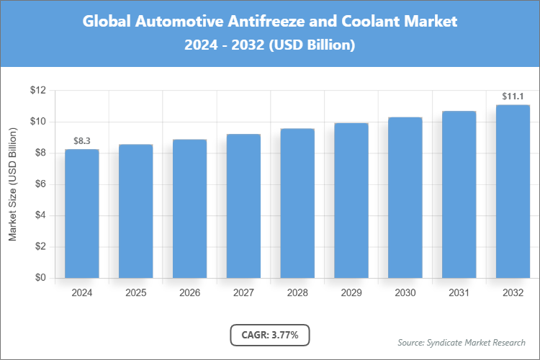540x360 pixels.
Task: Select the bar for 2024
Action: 81,213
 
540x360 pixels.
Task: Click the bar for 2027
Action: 243,206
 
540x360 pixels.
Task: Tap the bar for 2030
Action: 405,197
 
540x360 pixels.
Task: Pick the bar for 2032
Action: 513,192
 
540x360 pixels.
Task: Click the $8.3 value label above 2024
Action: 81,140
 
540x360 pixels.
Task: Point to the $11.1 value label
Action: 513,96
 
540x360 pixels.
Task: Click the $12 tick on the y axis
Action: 37,91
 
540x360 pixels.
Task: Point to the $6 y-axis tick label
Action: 40,184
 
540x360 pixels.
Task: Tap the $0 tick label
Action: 40,278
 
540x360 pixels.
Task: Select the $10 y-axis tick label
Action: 37,122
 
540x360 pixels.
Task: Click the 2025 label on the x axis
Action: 135,293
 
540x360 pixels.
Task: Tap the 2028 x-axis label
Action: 297,293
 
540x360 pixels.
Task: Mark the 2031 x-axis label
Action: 459,293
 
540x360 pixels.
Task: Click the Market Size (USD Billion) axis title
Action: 12,184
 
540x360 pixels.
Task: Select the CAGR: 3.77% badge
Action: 270,335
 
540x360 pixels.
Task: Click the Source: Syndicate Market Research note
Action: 462,342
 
